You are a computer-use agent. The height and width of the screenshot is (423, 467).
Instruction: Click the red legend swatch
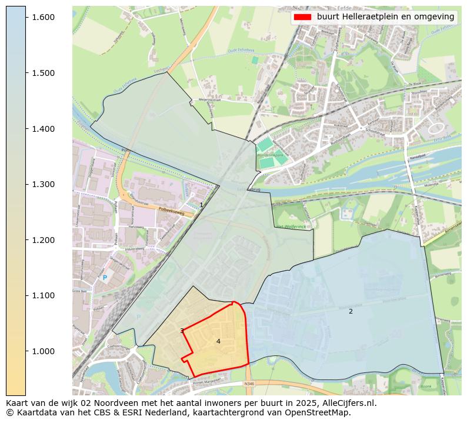[x=302, y=17]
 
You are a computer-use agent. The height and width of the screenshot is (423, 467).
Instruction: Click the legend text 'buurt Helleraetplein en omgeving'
[x=385, y=17]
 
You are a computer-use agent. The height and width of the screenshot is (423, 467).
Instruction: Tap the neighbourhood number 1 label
[x=201, y=205]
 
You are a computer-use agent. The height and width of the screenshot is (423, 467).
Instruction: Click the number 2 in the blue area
[x=351, y=311]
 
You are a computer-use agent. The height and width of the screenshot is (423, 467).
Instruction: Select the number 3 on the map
[x=182, y=331]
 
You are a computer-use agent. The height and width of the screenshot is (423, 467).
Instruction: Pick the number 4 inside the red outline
[x=218, y=341]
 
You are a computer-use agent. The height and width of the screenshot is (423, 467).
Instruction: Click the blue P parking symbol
[x=105, y=277]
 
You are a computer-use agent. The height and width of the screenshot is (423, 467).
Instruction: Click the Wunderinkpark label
[x=269, y=151]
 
